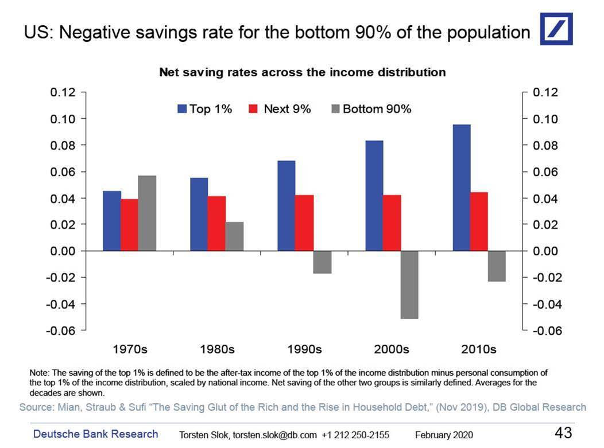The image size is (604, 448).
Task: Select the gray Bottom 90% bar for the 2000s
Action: [409, 285]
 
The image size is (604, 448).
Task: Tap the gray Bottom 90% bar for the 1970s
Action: [147, 213]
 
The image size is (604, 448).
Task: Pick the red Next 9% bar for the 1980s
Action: [216, 223]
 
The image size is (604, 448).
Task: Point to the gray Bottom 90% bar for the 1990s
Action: [322, 262]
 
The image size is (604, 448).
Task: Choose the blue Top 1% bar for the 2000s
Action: [374, 196]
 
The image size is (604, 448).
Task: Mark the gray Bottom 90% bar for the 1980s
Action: [234, 236]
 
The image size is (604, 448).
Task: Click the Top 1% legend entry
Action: [204, 109]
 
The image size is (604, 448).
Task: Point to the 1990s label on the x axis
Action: [304, 349]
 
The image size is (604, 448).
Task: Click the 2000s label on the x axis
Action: [392, 349]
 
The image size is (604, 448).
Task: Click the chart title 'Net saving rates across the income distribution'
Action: [302, 73]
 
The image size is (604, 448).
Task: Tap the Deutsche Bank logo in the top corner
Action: [556, 30]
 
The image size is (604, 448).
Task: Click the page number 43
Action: [564, 433]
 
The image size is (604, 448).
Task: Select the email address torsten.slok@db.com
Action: [274, 435]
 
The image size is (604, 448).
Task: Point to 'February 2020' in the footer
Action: [444, 435]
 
